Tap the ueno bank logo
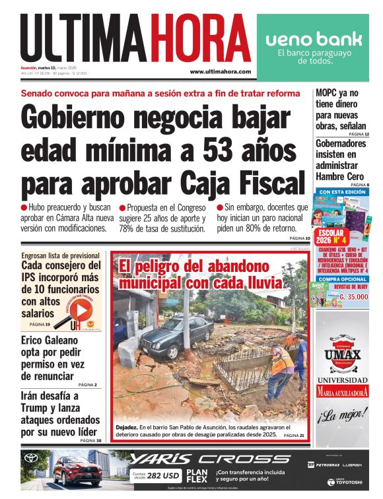pos(314,39)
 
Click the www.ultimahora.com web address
pos(220,71)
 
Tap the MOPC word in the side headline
pos(330,92)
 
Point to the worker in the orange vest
pos(281,370)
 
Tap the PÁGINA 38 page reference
pos(91,440)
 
